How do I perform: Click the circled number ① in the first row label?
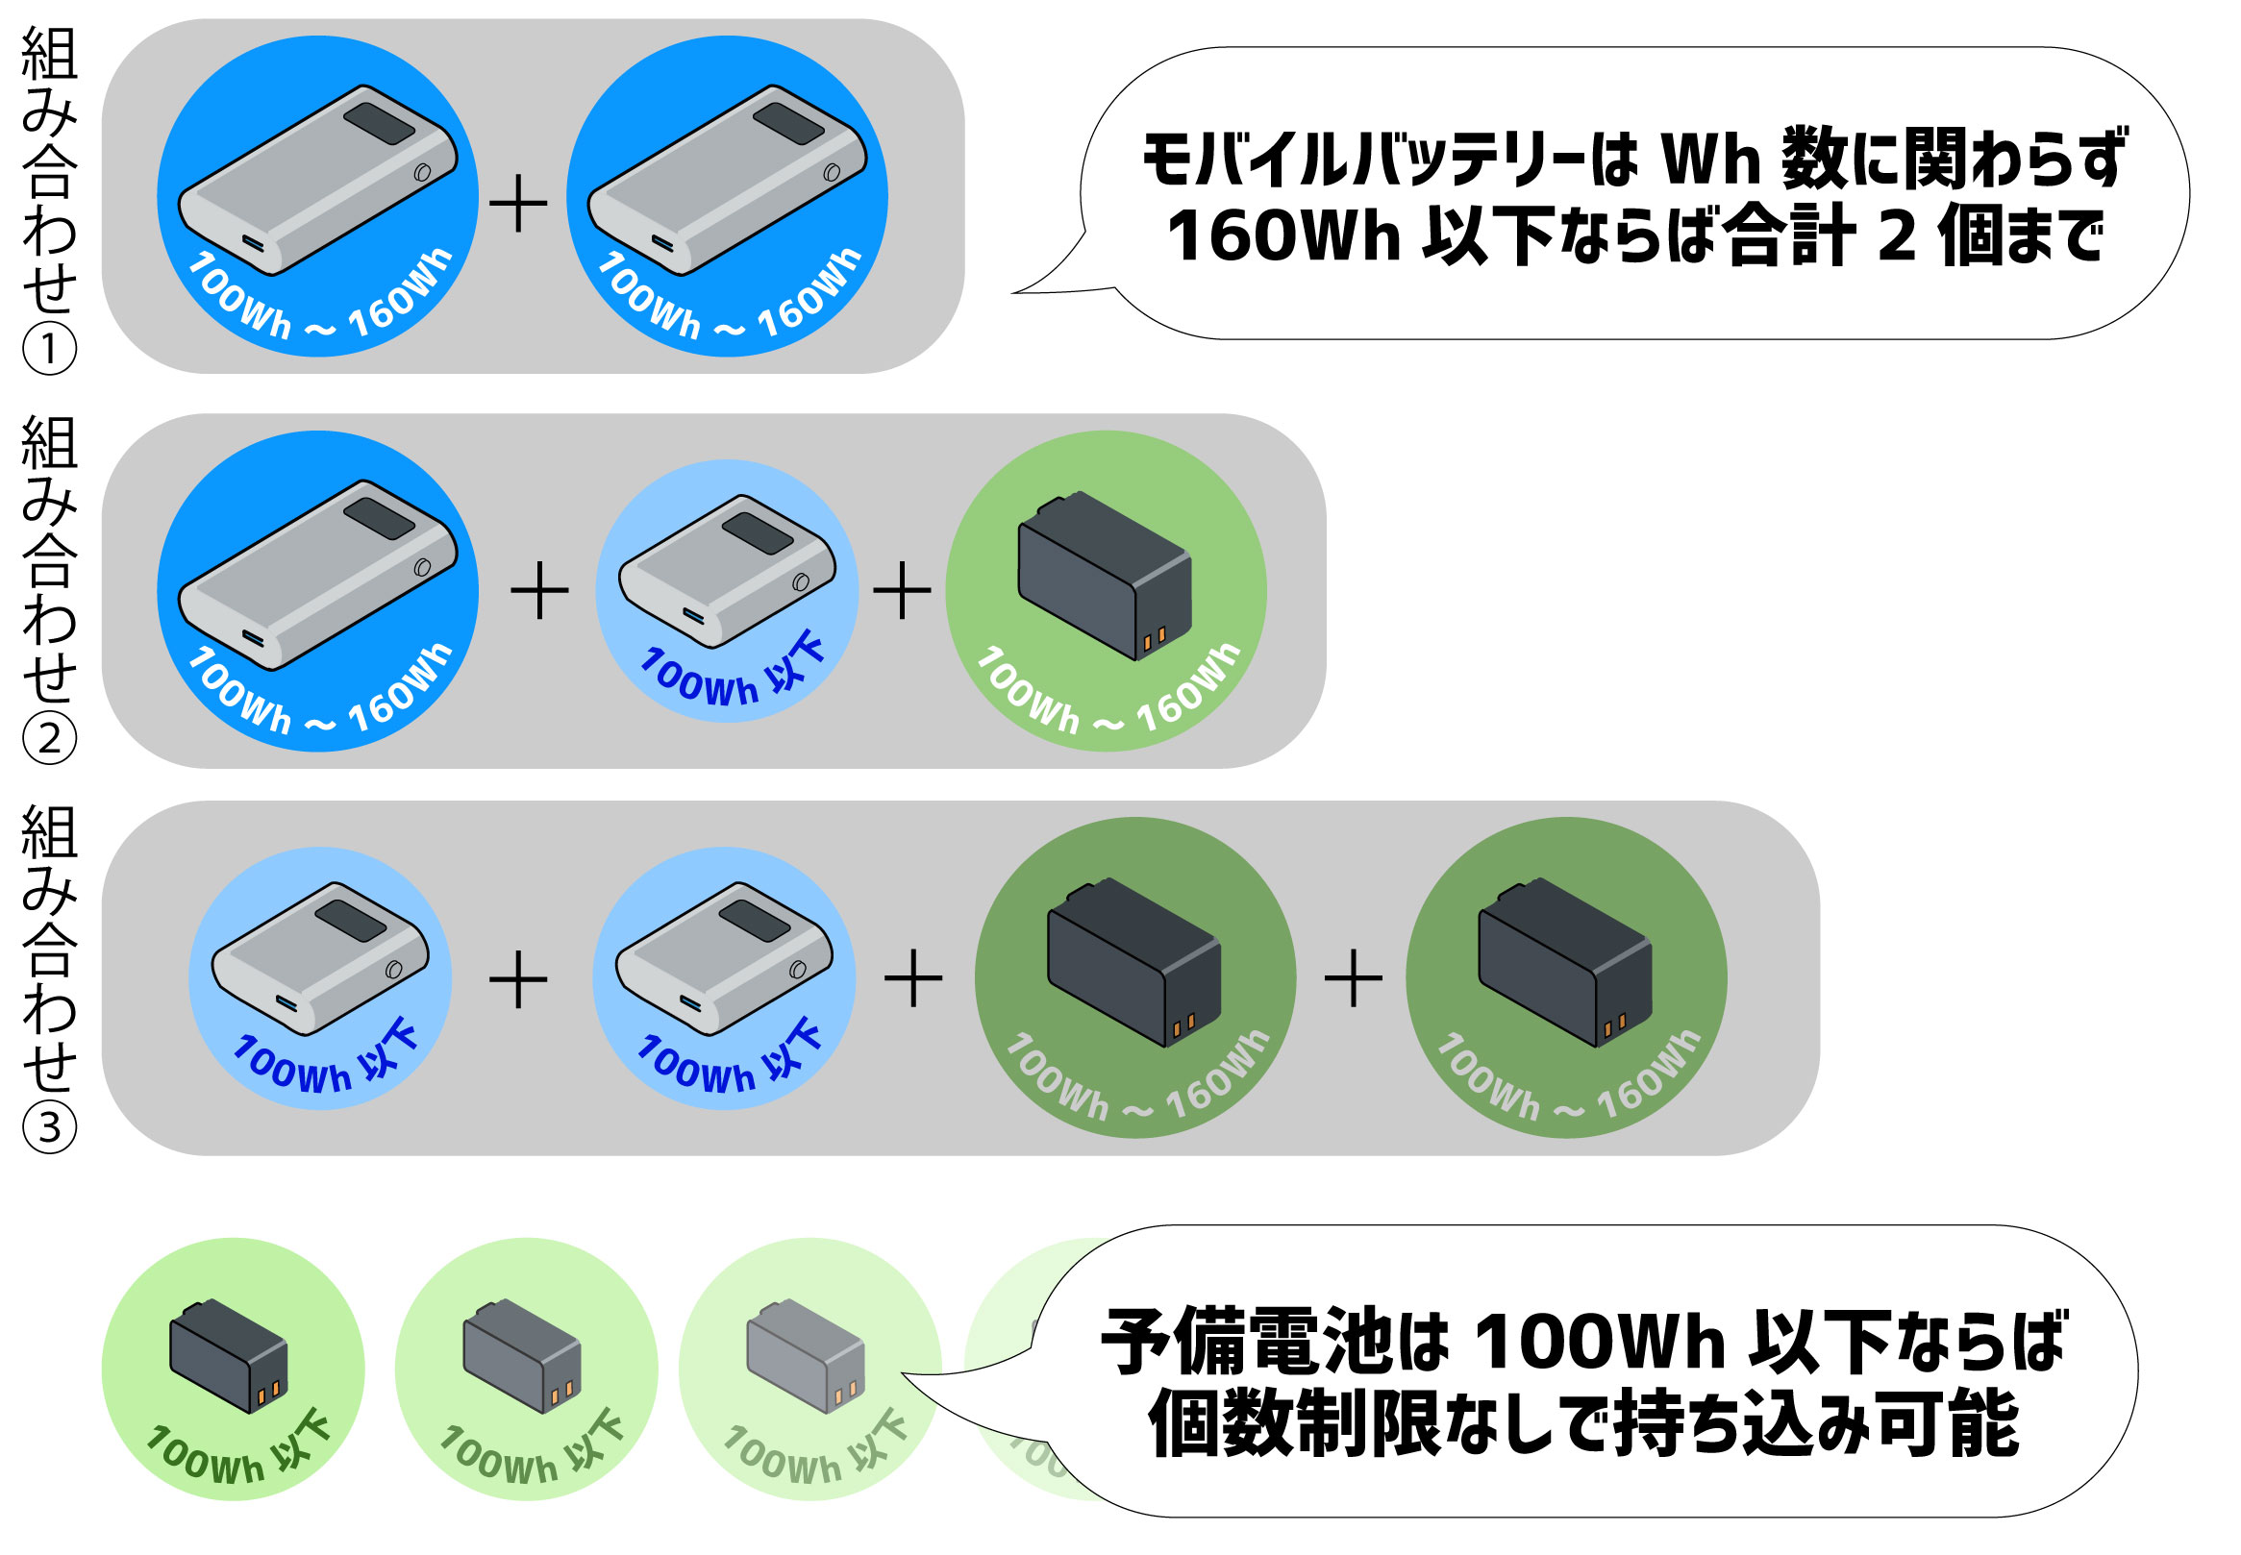coord(49,350)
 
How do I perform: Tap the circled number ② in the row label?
coord(49,737)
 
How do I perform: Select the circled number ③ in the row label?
coord(49,1126)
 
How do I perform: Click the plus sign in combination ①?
coord(517,205)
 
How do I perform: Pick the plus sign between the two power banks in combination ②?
coord(539,589)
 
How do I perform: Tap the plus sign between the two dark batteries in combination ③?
coord(1354,977)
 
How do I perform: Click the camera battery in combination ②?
coord(1104,575)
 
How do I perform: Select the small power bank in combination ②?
coord(727,570)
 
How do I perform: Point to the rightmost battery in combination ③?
coord(1565,963)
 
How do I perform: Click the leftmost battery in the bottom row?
coord(229,1355)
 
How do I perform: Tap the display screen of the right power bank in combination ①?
coord(789,123)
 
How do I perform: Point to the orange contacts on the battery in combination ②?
coord(1154,638)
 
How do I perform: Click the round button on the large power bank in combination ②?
coord(423,567)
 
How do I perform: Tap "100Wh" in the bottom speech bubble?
coord(1600,1343)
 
